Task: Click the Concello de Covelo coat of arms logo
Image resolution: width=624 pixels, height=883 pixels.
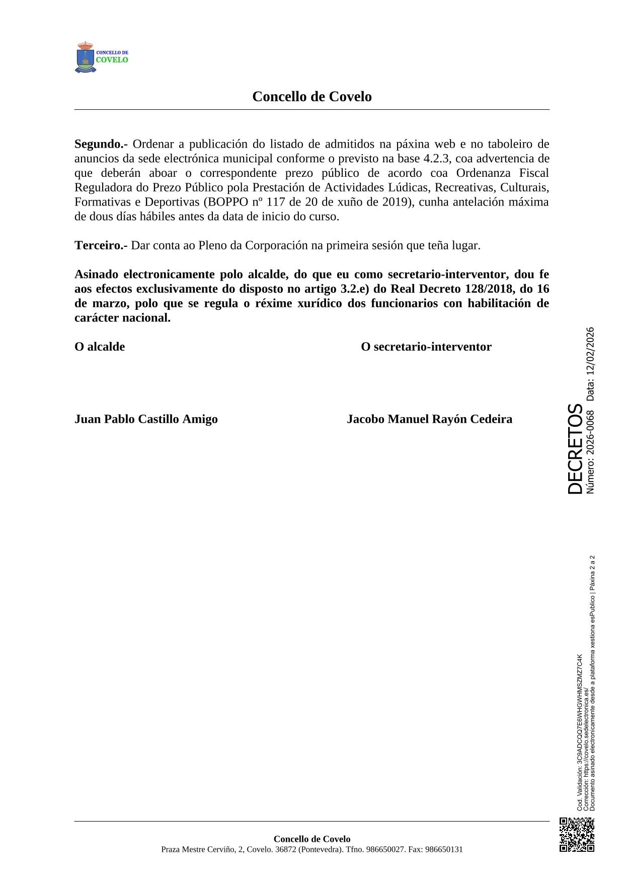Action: coord(86,57)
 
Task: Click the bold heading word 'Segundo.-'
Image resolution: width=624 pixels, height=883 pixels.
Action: coord(101,144)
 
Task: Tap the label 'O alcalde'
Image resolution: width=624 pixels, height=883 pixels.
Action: coord(100,347)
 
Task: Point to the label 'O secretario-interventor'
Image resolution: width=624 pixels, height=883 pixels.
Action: coord(426,347)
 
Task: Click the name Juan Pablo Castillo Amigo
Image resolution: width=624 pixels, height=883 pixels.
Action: coord(146,419)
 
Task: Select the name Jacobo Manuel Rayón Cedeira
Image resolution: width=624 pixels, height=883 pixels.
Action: coord(429,419)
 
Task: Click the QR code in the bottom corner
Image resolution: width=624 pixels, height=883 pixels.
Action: coord(577,835)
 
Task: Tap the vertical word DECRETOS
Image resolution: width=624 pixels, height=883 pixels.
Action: coord(575,448)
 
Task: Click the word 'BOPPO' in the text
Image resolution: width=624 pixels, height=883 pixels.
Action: coord(226,202)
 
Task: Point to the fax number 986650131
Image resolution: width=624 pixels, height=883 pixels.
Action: coord(444,849)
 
